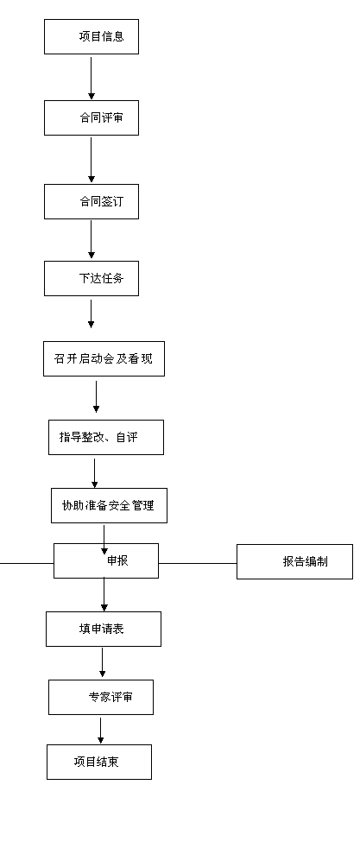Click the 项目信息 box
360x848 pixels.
92,37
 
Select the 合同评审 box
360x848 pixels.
92,118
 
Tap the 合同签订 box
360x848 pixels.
92,202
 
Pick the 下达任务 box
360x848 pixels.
92,279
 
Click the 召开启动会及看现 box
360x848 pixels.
104,358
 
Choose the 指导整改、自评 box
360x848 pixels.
106,438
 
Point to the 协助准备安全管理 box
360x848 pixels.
109,506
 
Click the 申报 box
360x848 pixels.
106,560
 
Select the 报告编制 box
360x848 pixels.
294,562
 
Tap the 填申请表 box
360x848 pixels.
104,629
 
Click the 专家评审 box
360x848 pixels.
101,697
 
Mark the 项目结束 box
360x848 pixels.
99,762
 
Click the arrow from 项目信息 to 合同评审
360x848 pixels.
91,78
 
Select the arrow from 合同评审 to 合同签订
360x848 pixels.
91,160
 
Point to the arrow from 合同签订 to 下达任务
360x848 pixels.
91,239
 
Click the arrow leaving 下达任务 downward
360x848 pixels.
91,314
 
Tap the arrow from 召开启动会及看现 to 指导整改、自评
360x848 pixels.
96,397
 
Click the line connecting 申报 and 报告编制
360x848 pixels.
198,563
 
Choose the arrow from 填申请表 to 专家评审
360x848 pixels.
102,662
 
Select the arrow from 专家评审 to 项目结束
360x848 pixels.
100,730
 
